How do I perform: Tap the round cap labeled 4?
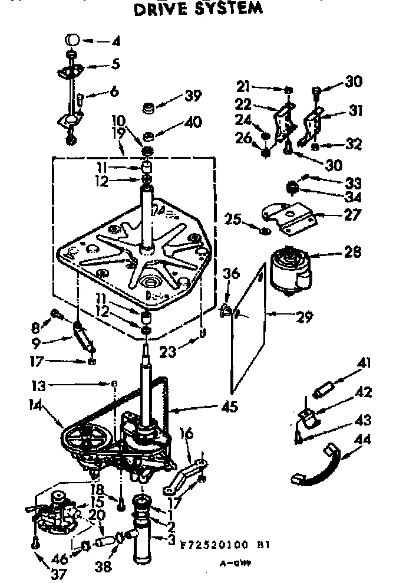(x=72, y=40)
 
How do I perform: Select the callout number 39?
(x=193, y=95)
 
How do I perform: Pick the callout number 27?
(x=352, y=214)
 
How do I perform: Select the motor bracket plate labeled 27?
(x=289, y=215)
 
